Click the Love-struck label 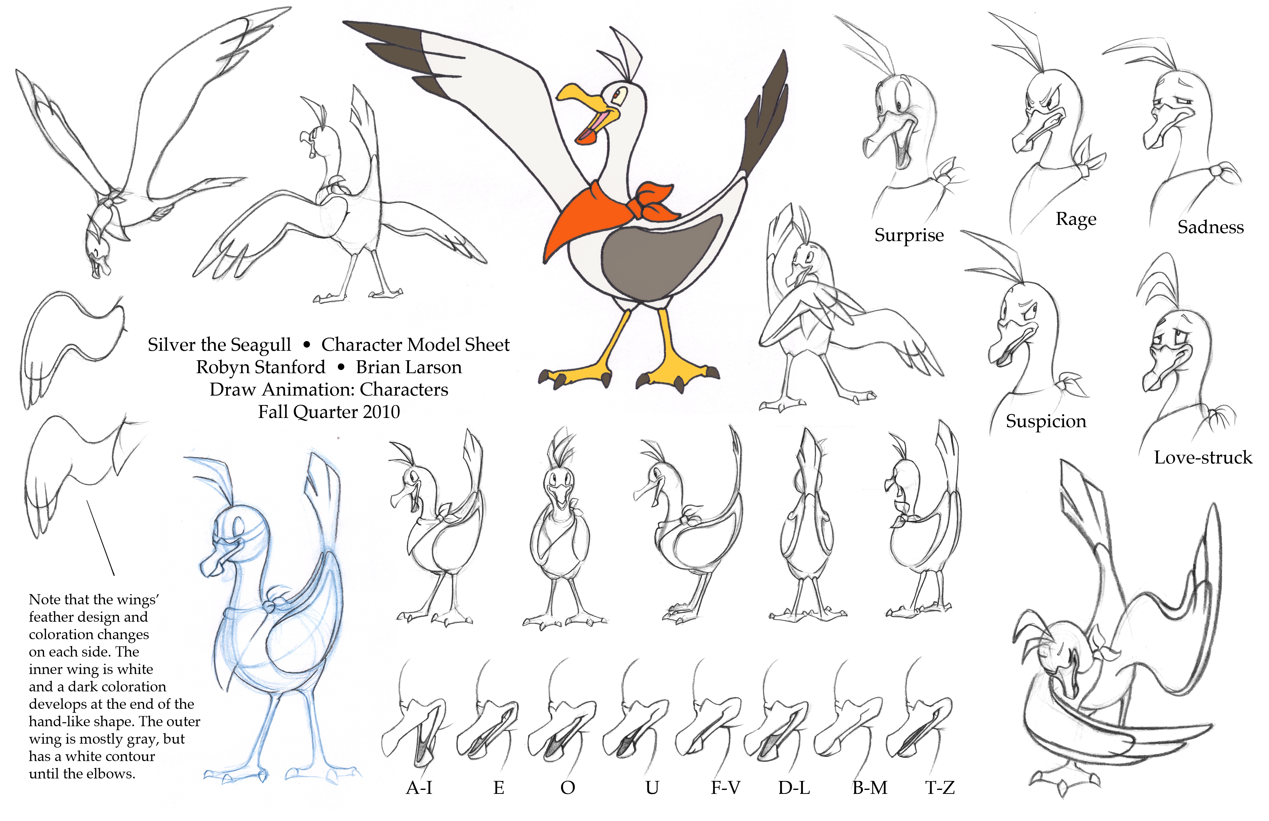click(1203, 458)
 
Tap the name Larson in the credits click(433, 367)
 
